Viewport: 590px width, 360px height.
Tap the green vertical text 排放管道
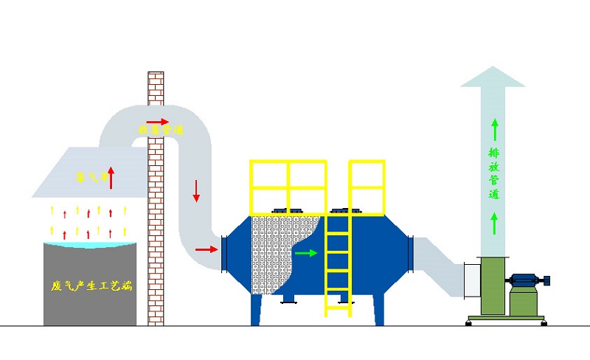click(x=493, y=174)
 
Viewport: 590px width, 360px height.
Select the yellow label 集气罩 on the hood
click(x=91, y=177)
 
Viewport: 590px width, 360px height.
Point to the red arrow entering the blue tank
click(x=206, y=249)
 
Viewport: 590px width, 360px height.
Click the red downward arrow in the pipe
click(x=196, y=191)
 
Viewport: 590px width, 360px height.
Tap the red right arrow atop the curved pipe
click(x=157, y=121)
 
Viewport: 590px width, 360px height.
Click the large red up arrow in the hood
click(x=111, y=177)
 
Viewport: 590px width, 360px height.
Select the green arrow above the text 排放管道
click(x=493, y=128)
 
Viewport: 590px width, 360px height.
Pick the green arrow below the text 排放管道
click(x=493, y=221)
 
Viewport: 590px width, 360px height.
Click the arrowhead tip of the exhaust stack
click(x=492, y=69)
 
